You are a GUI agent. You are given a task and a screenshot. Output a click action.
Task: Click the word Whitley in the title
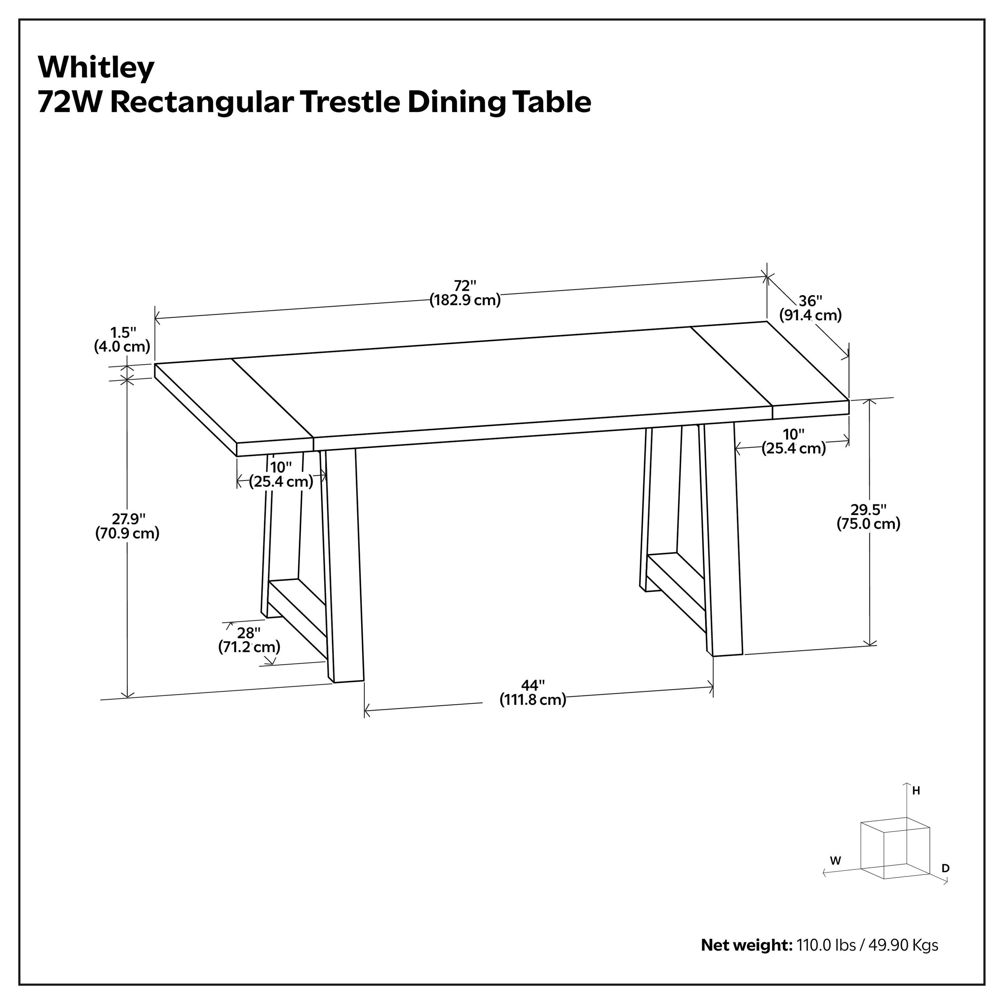coord(96,68)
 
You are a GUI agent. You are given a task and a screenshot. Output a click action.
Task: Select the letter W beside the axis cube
coord(835,860)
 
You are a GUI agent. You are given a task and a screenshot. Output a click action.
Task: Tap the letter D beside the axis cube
coord(946,868)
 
